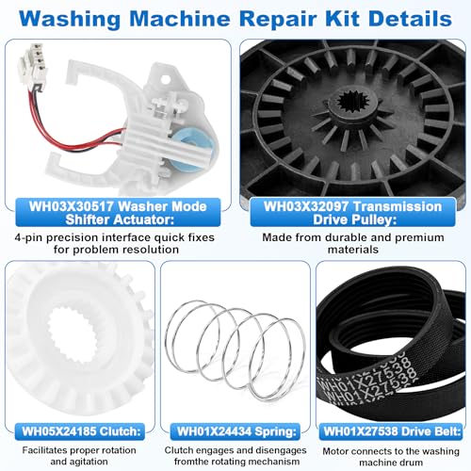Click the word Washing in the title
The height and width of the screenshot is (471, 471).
coord(70,20)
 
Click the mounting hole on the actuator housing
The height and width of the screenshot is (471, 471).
coord(166,78)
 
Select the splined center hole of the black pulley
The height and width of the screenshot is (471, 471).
coord(353,104)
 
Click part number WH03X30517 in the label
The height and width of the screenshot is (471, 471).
coord(71,206)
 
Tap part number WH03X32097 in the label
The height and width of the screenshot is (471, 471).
coord(305,206)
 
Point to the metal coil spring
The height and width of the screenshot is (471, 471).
coord(235,350)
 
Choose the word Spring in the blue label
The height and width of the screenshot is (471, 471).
coord(275,431)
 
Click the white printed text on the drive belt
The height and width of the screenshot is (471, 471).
coord(367,379)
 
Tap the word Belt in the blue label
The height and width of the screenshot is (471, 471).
coord(445,431)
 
